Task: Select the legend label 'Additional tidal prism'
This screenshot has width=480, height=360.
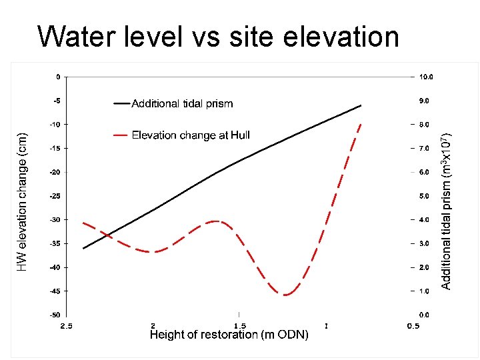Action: [x=182, y=103]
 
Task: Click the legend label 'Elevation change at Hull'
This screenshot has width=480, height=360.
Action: [x=191, y=135]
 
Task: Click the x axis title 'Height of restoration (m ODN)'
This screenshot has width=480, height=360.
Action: [x=229, y=335]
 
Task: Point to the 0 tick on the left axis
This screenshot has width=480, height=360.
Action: [x=58, y=77]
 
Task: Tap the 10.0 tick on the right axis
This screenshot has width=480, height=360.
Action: [x=425, y=77]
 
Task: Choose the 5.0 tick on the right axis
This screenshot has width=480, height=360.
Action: [x=425, y=196]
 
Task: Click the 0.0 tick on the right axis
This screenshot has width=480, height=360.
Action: [x=425, y=315]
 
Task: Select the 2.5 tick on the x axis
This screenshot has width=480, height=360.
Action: [x=67, y=325]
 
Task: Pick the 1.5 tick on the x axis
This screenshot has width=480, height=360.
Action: [x=239, y=325]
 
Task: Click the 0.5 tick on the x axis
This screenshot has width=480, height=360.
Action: [x=413, y=325]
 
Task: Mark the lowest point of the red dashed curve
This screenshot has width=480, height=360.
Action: [x=285, y=295]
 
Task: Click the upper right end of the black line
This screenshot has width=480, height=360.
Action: [x=361, y=105]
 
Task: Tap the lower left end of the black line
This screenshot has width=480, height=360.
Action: [x=83, y=249]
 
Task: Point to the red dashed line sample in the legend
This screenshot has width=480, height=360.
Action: [x=121, y=135]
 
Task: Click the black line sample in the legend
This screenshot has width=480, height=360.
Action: [x=121, y=103]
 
